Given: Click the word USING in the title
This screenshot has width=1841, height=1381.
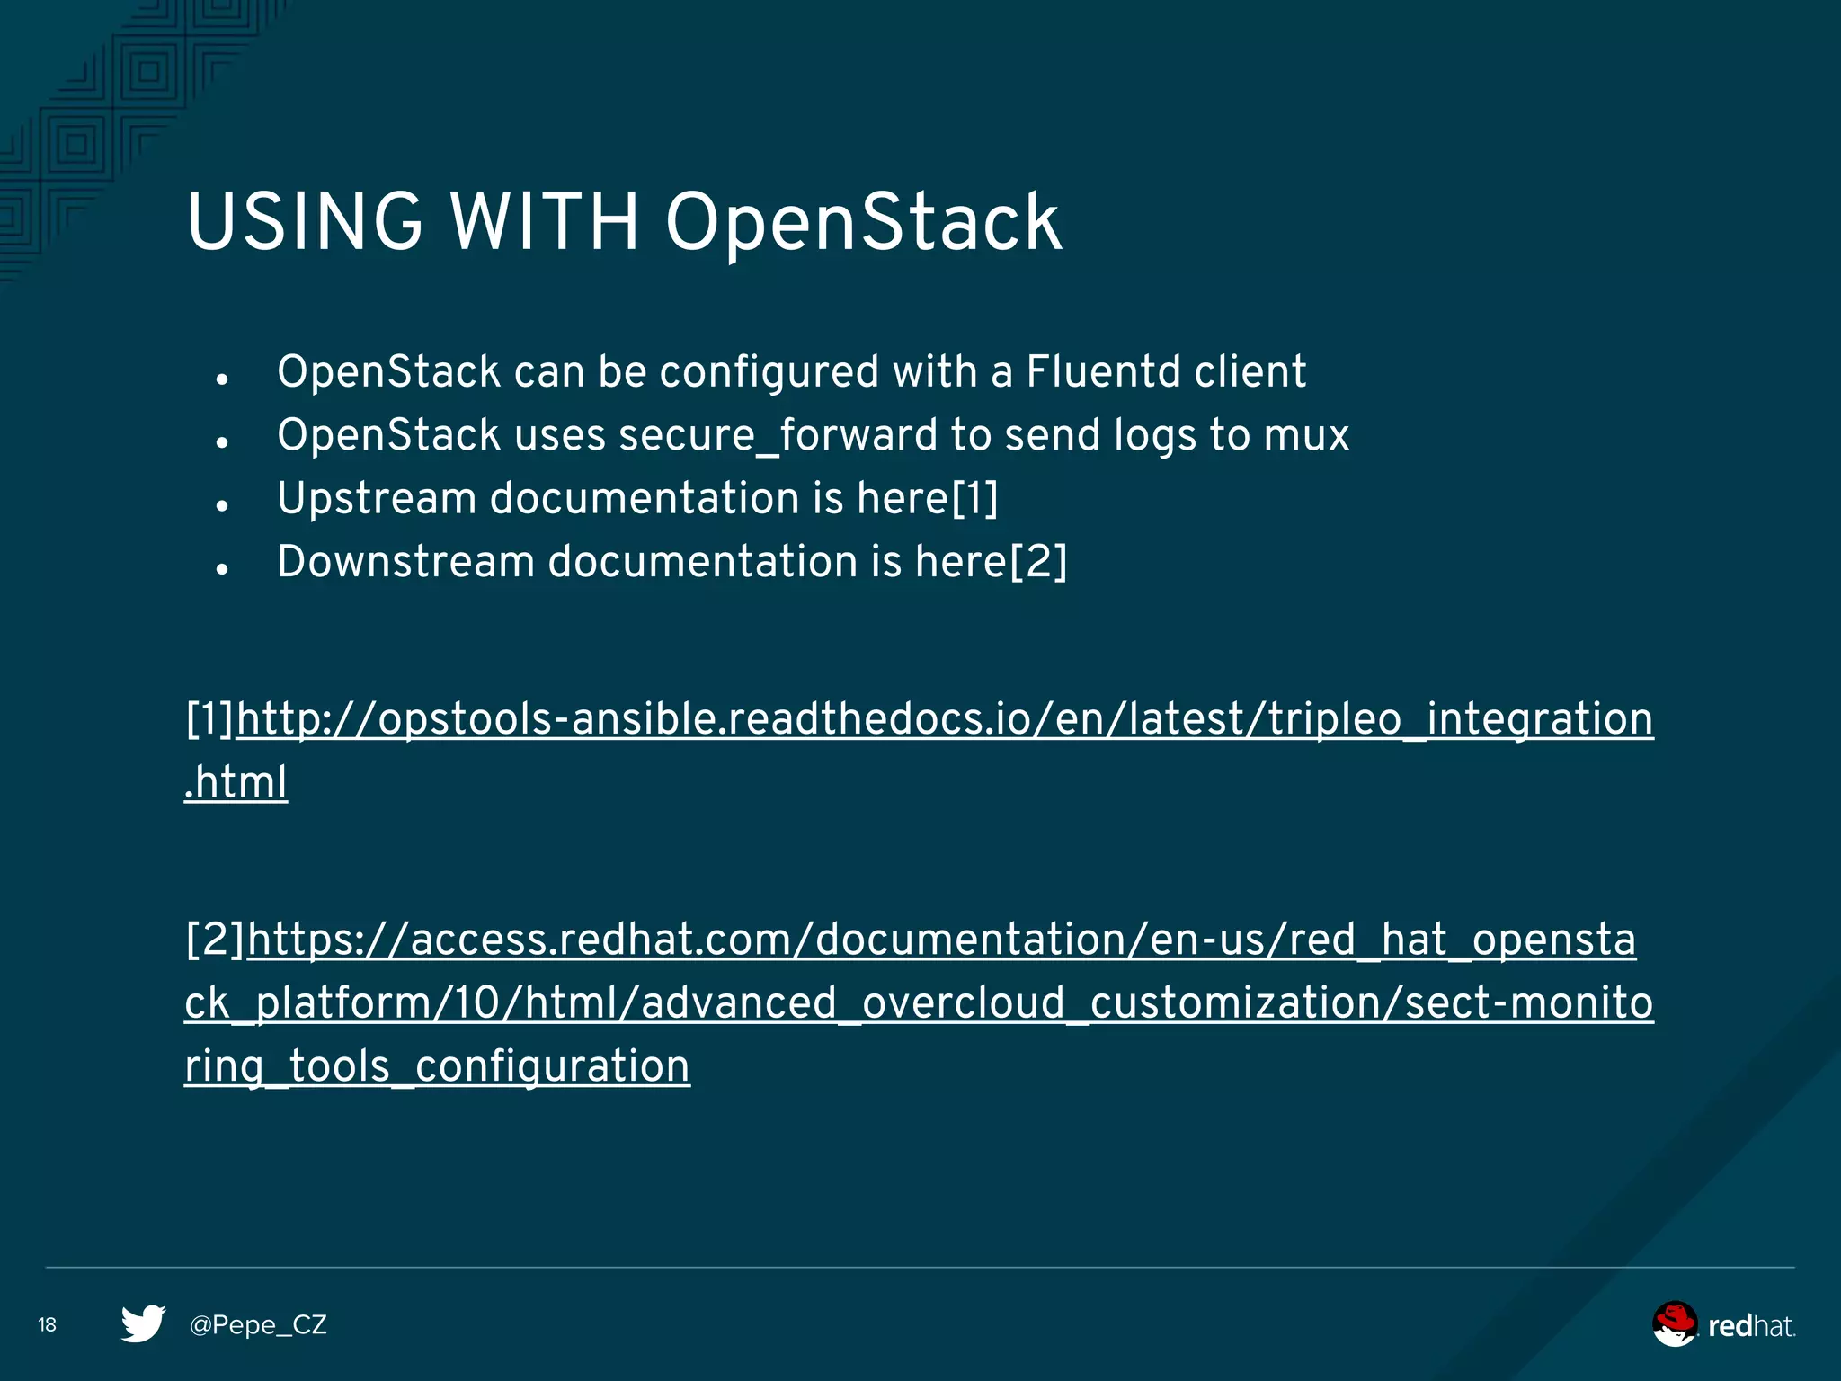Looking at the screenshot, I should tap(305, 221).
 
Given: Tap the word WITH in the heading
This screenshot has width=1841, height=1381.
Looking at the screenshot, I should tap(544, 221).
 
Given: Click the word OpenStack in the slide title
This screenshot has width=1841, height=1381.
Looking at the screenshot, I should tap(863, 223).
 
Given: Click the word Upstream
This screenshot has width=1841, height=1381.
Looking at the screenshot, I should tap(376, 498).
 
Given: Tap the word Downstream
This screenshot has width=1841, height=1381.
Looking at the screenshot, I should tap(405, 562).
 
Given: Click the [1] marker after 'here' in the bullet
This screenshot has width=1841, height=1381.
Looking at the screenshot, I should tap(974, 498).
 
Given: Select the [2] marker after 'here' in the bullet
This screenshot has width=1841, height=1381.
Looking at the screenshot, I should tap(1038, 562).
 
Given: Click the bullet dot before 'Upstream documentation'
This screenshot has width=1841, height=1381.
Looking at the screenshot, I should tap(222, 506).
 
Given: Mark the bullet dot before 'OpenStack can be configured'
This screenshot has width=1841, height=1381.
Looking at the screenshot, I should tap(222, 379).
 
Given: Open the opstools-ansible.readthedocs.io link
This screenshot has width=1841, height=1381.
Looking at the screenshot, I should tap(944, 719).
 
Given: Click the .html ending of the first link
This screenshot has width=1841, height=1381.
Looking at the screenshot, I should tap(236, 782).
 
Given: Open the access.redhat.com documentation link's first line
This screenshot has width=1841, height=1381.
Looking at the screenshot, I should tap(941, 940).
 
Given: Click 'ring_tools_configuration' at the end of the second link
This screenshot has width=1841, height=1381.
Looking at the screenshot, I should tap(438, 1066).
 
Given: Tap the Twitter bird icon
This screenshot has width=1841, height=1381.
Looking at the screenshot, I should tap(143, 1323).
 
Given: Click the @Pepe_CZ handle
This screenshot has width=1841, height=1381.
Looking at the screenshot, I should tap(258, 1324).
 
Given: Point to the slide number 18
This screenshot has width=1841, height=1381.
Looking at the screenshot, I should tap(47, 1324).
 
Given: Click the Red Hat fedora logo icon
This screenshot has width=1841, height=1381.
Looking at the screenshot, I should tap(1675, 1323).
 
